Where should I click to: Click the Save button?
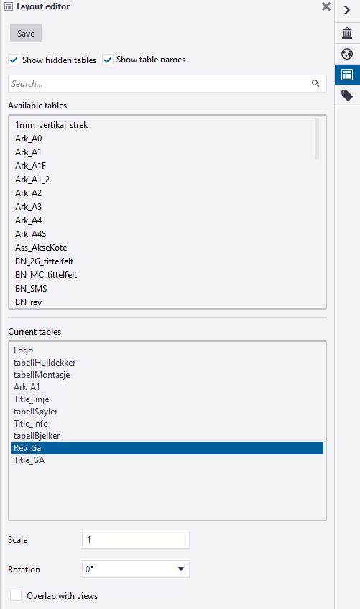(26, 34)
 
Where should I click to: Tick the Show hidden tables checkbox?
(14, 60)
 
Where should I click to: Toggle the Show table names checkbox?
(108, 60)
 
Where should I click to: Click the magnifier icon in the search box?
(315, 83)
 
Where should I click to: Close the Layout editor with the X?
(326, 6)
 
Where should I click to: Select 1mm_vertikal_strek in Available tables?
(51, 125)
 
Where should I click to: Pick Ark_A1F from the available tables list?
(30, 166)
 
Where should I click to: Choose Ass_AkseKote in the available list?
(41, 248)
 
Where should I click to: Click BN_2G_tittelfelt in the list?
(44, 261)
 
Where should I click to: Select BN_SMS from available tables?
(31, 289)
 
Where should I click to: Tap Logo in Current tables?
(23, 350)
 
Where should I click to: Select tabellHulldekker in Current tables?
(45, 363)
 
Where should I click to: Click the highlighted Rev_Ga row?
(167, 448)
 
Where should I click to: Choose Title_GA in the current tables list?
(29, 460)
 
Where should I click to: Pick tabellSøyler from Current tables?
(35, 412)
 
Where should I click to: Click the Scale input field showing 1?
(136, 540)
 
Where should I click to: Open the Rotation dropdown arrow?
(181, 569)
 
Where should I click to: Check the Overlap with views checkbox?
(16, 595)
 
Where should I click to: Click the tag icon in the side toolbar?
(347, 96)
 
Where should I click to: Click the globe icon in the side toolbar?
(347, 54)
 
